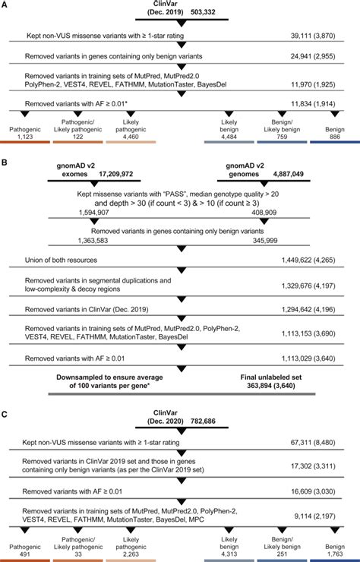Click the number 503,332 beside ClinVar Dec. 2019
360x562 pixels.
tap(203, 12)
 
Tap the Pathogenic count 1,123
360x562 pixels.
tap(25, 137)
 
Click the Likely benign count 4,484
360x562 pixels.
tap(229, 137)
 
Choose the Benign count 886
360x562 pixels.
tap(335, 137)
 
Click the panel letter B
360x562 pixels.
tap(4, 162)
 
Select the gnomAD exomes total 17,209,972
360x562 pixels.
tap(115, 174)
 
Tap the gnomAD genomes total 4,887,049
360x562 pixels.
tap(288, 174)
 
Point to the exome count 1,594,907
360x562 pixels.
tap(94, 213)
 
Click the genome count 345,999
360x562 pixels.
tap(264, 241)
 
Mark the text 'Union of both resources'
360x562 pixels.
tap(61, 260)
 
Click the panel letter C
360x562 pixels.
tap(4, 415)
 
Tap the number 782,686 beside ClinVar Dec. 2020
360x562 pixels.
tap(203, 421)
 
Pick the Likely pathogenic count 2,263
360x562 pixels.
tap(131, 554)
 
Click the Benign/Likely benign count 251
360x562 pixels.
tap(282, 554)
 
